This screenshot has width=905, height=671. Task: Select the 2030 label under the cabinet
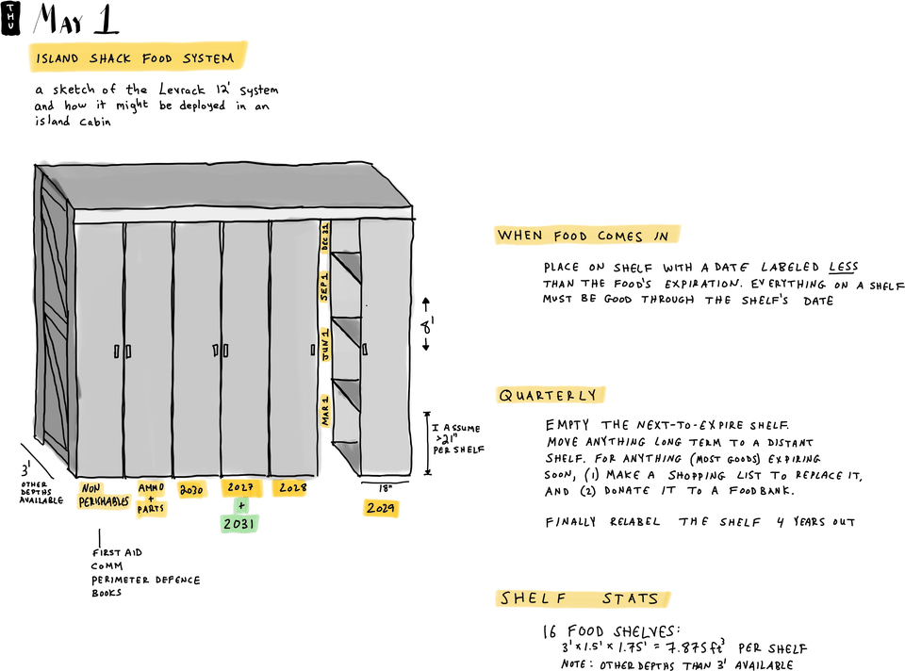point(192,490)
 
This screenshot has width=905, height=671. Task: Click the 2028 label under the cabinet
point(291,489)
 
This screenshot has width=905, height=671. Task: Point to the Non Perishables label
point(104,496)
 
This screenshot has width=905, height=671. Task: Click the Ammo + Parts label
point(151,499)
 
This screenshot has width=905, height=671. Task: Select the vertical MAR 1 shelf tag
point(325,411)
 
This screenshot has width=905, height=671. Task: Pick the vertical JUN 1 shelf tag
point(325,346)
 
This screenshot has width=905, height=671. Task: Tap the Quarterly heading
point(549,395)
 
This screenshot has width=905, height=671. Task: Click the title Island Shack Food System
point(136,57)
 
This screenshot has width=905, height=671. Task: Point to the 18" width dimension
point(385,489)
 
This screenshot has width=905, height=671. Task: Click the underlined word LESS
point(844,267)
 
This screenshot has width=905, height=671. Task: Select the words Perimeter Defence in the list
point(145,580)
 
